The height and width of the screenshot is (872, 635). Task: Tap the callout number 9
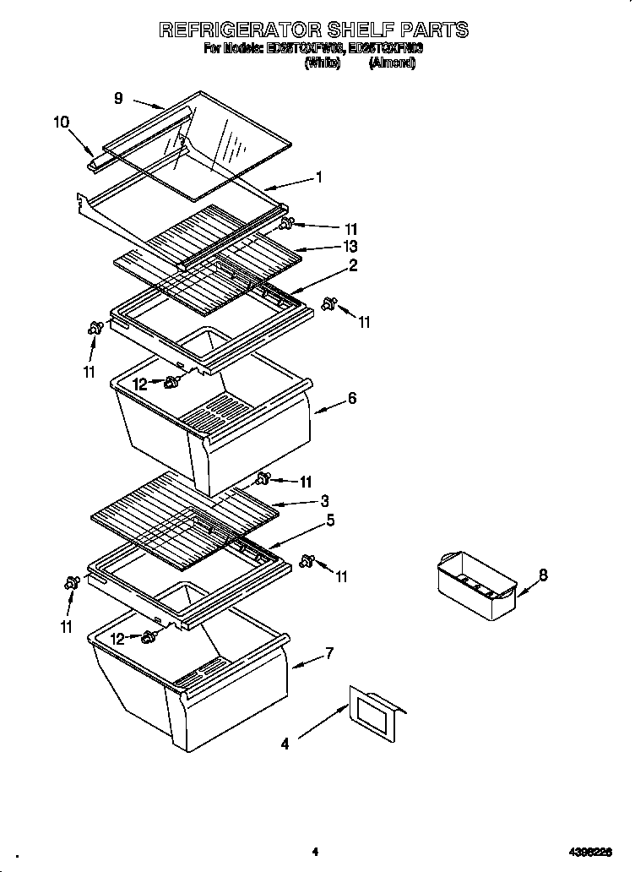(x=119, y=98)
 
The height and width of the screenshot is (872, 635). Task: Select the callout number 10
(x=61, y=122)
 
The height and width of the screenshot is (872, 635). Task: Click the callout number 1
(x=319, y=177)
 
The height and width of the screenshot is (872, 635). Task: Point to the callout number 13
(x=350, y=247)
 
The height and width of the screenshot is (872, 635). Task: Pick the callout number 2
(x=352, y=266)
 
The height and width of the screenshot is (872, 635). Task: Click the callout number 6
(x=351, y=399)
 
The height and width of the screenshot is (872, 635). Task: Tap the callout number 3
(x=324, y=501)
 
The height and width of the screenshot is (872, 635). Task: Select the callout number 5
(x=330, y=520)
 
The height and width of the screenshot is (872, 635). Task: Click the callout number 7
(x=328, y=653)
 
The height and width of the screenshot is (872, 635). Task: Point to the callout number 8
(x=543, y=575)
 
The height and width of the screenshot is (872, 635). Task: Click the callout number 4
(x=285, y=744)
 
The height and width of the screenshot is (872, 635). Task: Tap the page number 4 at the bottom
(x=314, y=852)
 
